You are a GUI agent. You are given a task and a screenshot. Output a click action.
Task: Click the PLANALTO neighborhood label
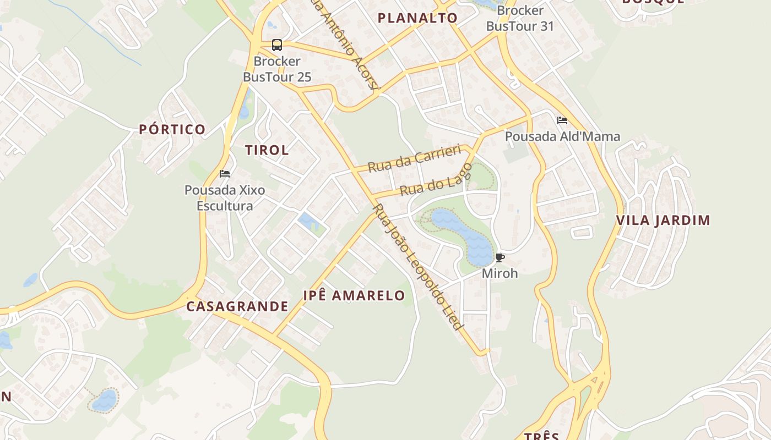(417, 18)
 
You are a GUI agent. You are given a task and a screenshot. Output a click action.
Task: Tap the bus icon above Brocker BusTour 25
(277, 45)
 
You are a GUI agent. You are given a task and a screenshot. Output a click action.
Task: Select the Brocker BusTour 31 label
(520, 18)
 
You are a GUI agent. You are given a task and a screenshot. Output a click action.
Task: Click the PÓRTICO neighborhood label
(172, 130)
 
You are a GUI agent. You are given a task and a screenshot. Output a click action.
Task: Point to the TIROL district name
(267, 150)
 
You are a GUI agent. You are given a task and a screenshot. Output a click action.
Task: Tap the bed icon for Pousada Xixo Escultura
(225, 174)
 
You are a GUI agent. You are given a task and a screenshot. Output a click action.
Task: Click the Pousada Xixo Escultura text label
(225, 198)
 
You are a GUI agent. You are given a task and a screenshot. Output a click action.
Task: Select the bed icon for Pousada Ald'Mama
(562, 120)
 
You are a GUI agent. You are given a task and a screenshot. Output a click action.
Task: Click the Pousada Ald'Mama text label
(562, 136)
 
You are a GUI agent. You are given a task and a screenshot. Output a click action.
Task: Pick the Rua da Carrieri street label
(414, 158)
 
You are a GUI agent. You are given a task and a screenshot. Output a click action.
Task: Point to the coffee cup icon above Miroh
(499, 257)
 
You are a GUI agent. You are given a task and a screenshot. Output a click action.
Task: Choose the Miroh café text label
(499, 273)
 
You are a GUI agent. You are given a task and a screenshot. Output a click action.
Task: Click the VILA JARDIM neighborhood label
(663, 221)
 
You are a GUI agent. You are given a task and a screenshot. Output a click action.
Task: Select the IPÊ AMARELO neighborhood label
(354, 295)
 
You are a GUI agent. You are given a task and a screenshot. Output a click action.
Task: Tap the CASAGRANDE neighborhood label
(237, 306)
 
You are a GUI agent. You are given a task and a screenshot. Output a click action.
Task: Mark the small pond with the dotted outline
(104, 400)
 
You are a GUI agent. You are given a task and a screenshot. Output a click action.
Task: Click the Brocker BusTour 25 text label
(277, 69)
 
